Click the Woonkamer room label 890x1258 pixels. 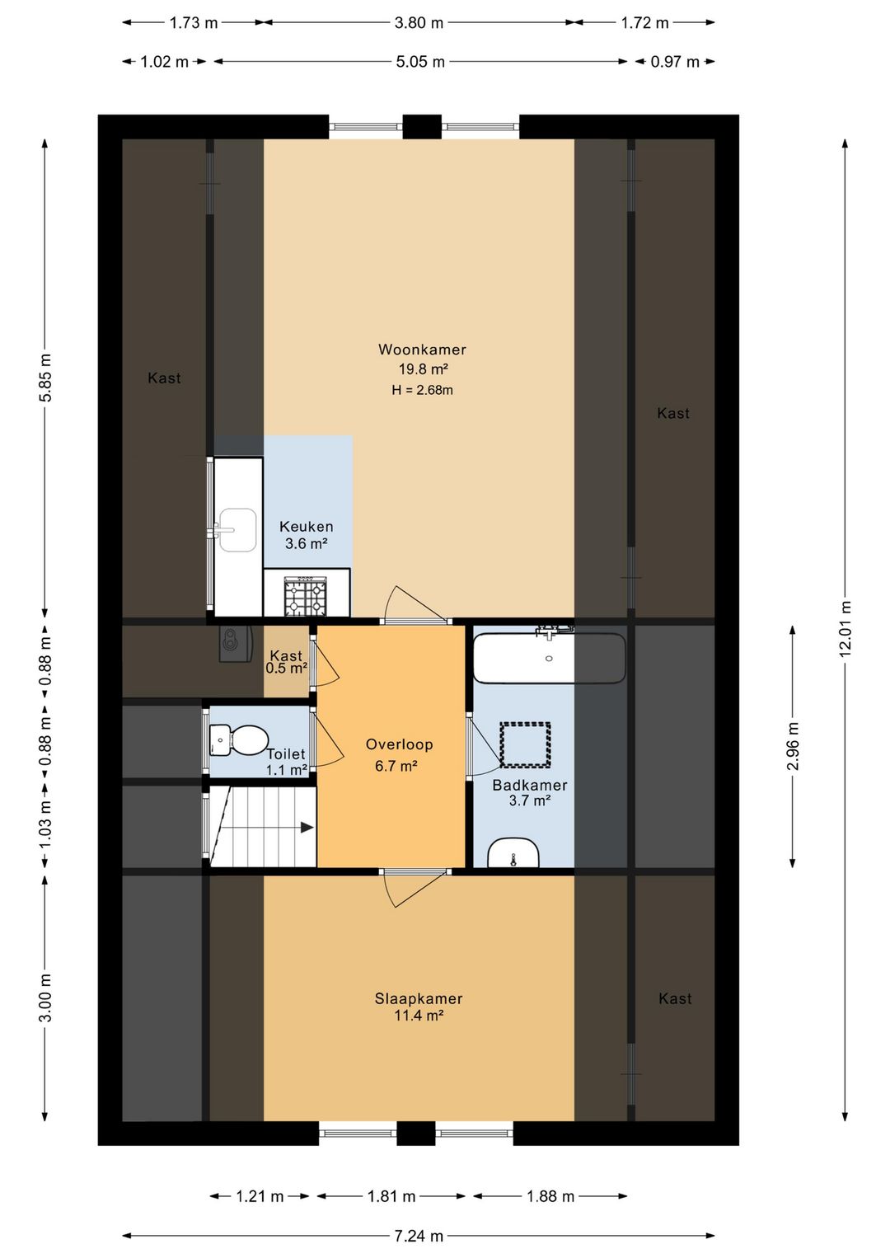422,350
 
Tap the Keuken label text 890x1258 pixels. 306,526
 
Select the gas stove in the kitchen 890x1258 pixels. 306,596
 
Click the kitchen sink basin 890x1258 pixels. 237,529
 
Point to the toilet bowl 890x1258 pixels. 239,741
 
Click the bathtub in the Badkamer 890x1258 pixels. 549,658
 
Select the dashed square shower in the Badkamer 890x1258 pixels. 525,744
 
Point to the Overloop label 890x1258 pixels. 399,744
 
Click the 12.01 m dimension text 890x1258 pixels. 845,628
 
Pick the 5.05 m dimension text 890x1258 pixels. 420,62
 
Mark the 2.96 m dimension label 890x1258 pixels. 793,746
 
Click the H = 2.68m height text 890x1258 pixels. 422,390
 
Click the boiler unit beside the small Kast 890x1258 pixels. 236,644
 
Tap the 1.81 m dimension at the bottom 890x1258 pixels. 391,1196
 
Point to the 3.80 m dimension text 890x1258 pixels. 419,23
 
